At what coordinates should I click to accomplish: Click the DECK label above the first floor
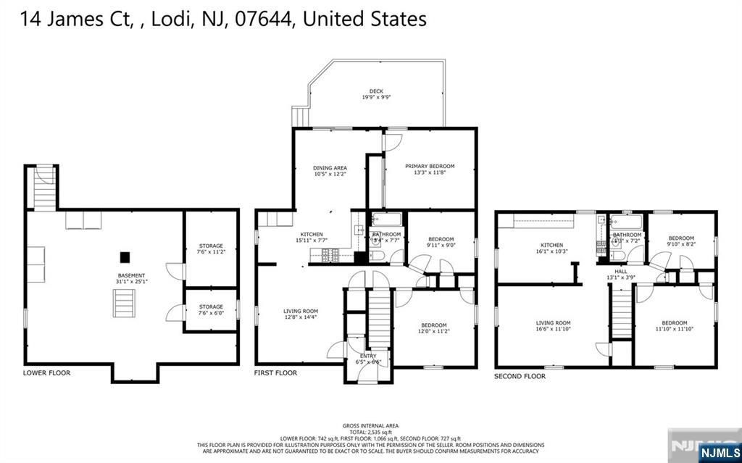376,91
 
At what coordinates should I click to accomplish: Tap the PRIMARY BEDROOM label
430,166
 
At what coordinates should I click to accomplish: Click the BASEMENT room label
131,275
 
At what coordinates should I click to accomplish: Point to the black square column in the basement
125,256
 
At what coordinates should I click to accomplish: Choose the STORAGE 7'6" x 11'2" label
211,249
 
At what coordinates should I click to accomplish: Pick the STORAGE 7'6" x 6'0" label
211,310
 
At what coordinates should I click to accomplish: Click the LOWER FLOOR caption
46,373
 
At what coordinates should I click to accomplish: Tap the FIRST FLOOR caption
275,373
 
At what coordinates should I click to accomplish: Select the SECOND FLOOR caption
520,376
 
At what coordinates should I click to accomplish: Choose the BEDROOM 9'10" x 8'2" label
680,241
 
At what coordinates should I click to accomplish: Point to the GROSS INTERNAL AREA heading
370,425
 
